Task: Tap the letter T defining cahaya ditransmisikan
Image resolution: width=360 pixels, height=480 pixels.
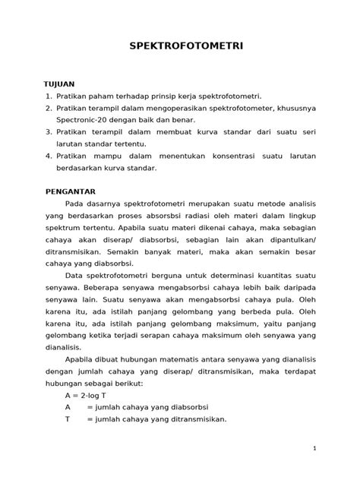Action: (x=68, y=418)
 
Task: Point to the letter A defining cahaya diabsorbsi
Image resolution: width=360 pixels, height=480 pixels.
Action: (x=68, y=407)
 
